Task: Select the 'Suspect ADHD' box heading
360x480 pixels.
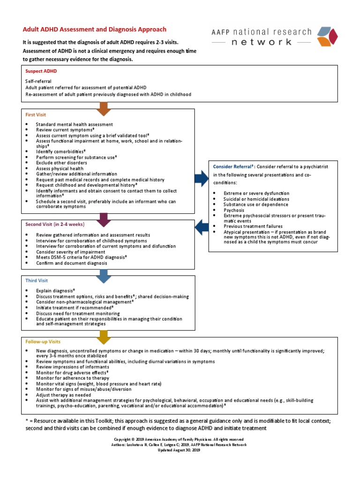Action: coord(41,72)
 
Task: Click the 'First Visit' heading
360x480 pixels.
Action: coord(36,114)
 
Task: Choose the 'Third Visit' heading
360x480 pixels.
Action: coord(36,280)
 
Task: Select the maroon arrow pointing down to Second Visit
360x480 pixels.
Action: coord(104,217)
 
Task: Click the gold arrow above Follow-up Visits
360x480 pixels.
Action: coord(104,336)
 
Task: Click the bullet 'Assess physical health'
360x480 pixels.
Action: coord(60,168)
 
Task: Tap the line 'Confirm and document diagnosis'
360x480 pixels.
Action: coord(71,263)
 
